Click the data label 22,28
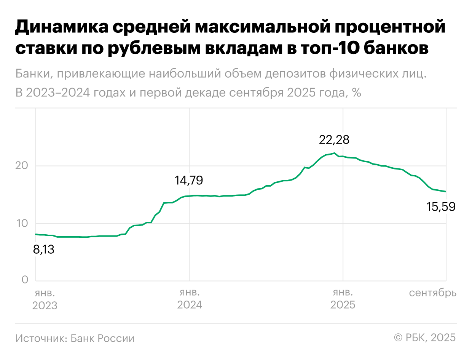pyautogui.click(x=334, y=140)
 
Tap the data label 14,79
pyautogui.click(x=189, y=180)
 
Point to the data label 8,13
pyautogui.click(x=44, y=250)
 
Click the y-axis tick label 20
pyautogui.click(x=22, y=166)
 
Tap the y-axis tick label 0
pyautogui.click(x=25, y=280)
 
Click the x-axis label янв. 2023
pyautogui.click(x=45, y=299)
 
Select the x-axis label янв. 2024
pyautogui.click(x=190, y=299)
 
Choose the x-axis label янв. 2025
pyautogui.click(x=343, y=299)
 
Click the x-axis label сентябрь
pyautogui.click(x=433, y=293)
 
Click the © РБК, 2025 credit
pyautogui.click(x=425, y=338)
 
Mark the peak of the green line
pyautogui.click(x=334, y=153)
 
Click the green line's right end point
pyautogui.click(x=446, y=192)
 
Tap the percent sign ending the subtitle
pyautogui.click(x=356, y=93)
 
